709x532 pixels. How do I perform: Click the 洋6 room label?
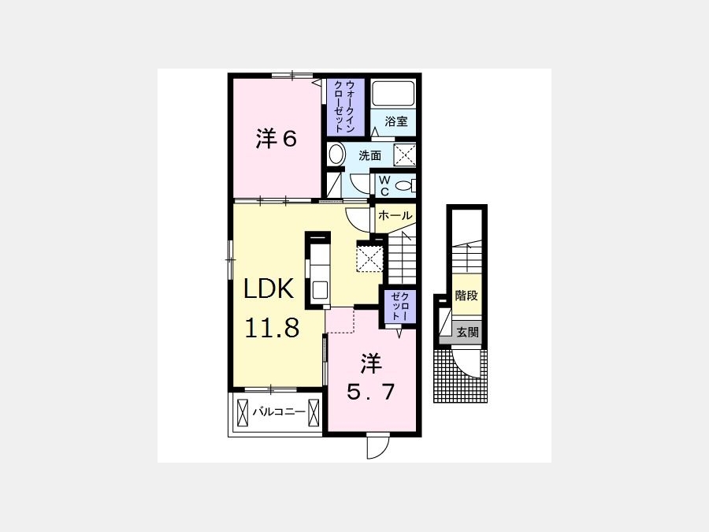[277, 138]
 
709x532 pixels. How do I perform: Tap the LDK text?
[269, 288]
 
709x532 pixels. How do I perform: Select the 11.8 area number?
[273, 328]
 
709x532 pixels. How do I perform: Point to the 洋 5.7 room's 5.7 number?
[371, 391]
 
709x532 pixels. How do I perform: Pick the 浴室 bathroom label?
[396, 121]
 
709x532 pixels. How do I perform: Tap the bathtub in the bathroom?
[393, 94]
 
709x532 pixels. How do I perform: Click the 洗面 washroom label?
[370, 155]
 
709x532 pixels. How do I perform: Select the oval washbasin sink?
[336, 154]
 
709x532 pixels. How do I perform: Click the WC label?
[384, 186]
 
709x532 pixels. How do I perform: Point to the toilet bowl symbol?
[403, 185]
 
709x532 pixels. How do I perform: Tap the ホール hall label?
[395, 215]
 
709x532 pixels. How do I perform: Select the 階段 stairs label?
[466, 296]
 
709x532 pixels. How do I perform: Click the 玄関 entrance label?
[467, 333]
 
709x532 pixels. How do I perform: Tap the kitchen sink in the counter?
[320, 289]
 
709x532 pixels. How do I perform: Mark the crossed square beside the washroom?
[404, 155]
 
